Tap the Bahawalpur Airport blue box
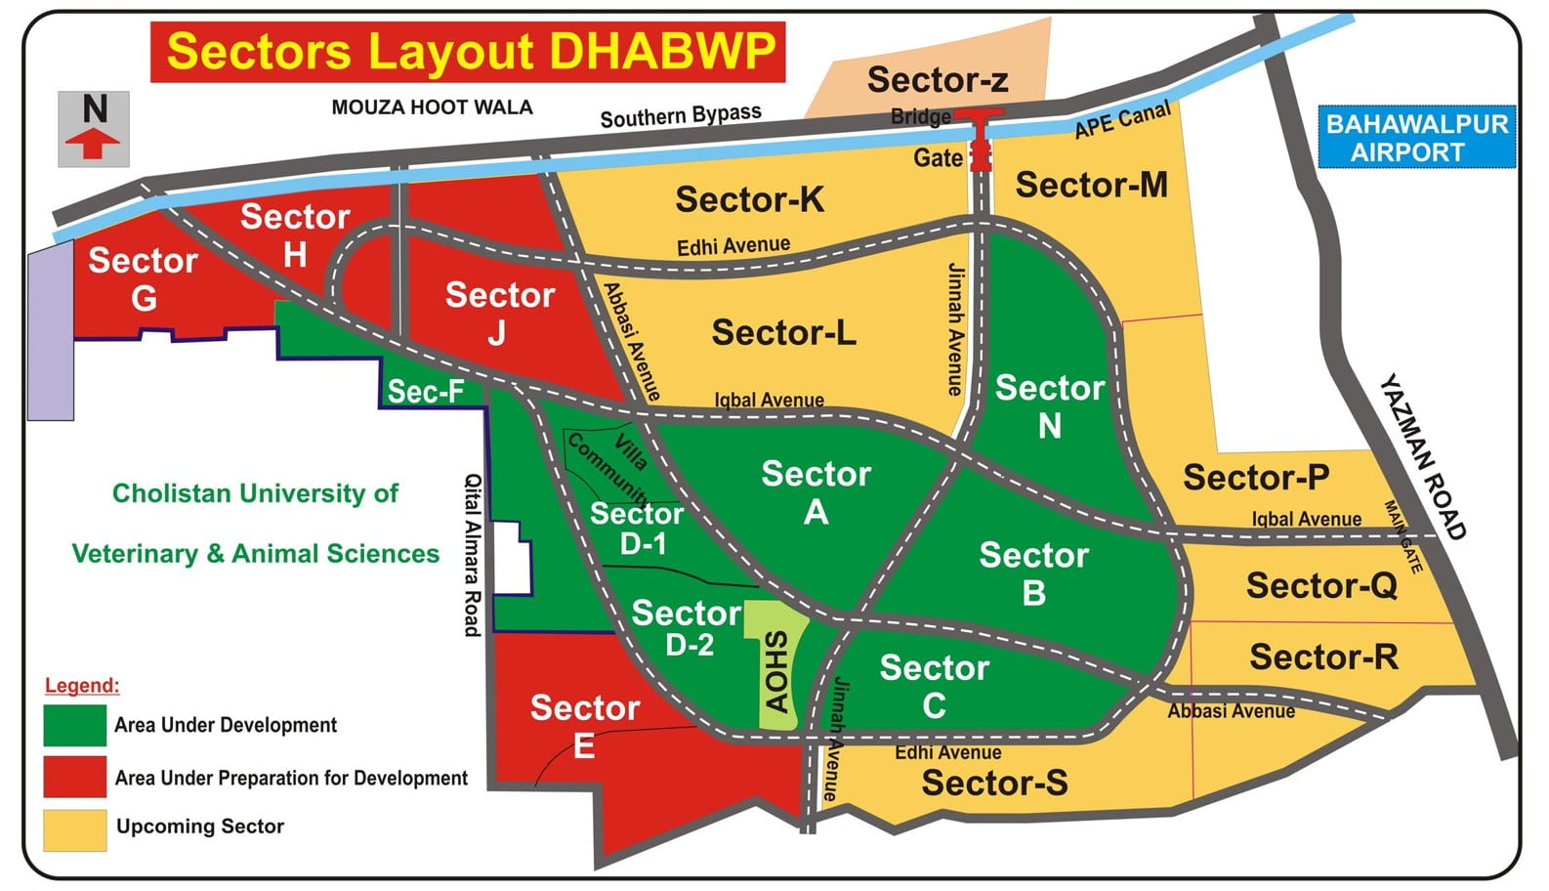coord(1416,138)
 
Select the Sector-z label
coord(938,80)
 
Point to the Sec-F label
coord(425,392)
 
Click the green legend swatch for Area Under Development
coord(74,726)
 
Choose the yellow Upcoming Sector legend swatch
coord(74,829)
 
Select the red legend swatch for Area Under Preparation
coord(74,778)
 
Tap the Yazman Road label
coord(1423,456)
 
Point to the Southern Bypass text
coord(681,116)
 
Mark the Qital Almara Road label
coord(473,554)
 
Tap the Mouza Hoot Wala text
coord(432,107)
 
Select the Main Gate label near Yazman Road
coord(1402,536)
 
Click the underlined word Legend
coord(82,686)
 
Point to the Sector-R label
coord(1323,658)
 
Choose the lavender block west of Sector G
coord(50,332)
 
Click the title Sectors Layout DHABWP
coord(469,52)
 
